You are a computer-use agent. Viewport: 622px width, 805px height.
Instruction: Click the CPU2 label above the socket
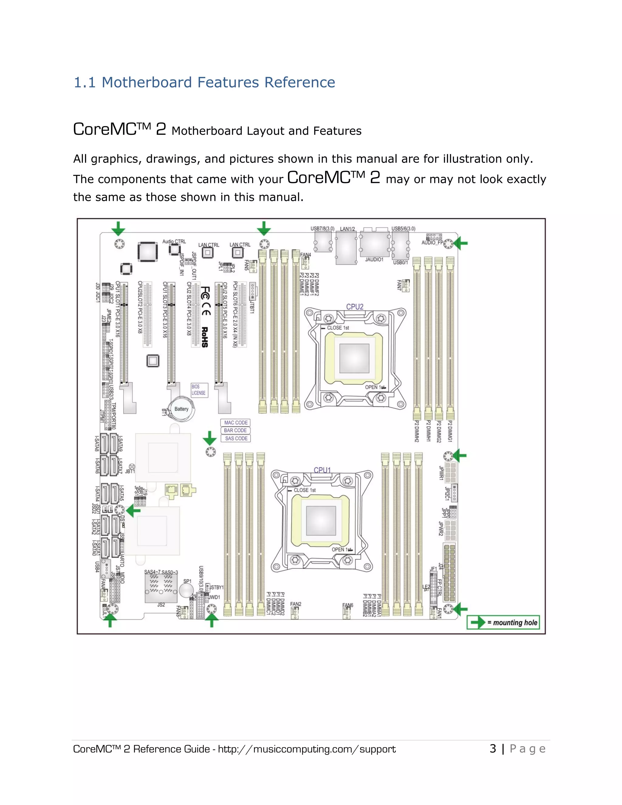click(x=354, y=307)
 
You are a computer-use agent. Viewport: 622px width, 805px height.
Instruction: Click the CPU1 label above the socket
click(x=322, y=470)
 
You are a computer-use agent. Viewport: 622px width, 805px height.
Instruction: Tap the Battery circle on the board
click(x=181, y=409)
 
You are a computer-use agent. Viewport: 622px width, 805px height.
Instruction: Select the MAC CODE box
click(x=236, y=423)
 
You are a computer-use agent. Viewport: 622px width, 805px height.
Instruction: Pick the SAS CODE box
click(x=236, y=438)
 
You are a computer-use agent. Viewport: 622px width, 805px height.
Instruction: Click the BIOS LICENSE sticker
click(x=199, y=390)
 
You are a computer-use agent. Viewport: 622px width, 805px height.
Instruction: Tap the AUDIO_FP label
click(x=432, y=242)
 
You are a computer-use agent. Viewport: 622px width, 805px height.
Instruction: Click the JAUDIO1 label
click(x=374, y=259)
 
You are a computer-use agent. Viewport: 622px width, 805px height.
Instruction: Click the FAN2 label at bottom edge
click(x=296, y=604)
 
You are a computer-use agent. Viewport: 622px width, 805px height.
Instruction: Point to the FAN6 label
click(x=347, y=605)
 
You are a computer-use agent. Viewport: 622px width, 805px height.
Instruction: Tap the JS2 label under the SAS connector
click(x=161, y=605)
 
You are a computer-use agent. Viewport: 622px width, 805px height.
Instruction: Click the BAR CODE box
click(x=235, y=430)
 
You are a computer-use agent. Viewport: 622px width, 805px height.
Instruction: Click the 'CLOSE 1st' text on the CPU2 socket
click(x=337, y=328)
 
